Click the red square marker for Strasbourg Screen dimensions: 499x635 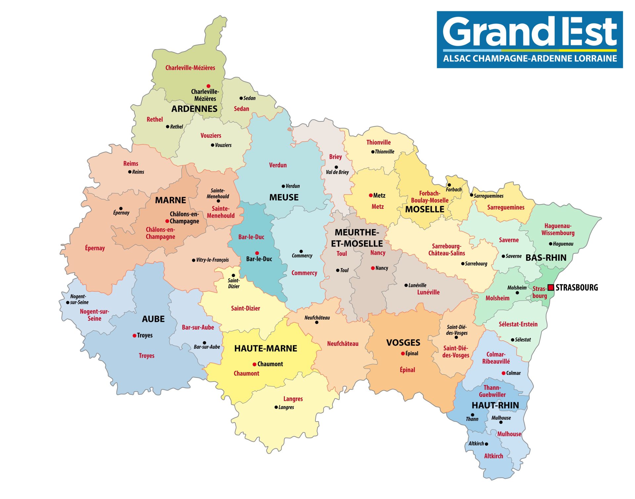tap(551, 288)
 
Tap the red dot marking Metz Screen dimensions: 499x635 tap(371, 195)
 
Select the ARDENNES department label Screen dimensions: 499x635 tap(194, 109)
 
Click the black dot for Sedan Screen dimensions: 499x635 tap(241, 98)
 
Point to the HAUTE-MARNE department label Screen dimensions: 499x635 tap(266, 348)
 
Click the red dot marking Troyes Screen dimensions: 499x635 tap(134, 336)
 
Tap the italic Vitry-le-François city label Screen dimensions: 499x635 tap(212, 260)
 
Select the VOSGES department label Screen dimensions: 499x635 tap(403, 343)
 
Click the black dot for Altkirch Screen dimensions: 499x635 tap(486, 444)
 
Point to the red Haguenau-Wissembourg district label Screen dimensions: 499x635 tap(558, 229)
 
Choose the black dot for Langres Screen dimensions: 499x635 tap(276, 407)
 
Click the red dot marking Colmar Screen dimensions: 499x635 tap(503, 373)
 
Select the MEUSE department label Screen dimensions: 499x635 tap(284, 198)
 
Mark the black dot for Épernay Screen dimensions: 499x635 tap(121, 208)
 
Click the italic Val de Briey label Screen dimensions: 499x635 tap(337, 172)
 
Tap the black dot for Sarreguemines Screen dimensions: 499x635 tap(472, 195)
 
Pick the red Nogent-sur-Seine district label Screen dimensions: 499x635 tap(94, 315)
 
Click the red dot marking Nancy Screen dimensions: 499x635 tap(373, 268)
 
